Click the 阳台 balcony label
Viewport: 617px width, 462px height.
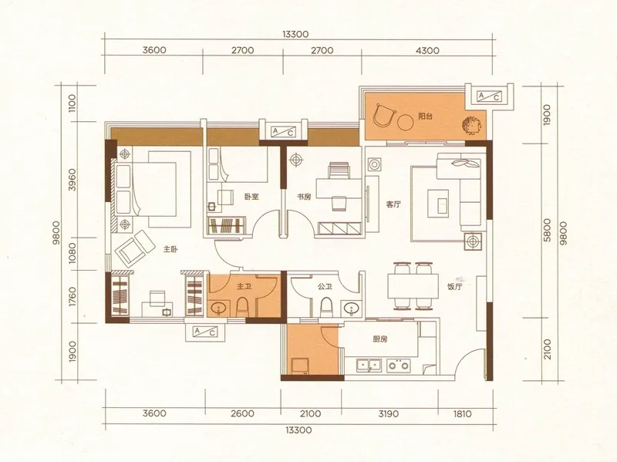tap(426, 116)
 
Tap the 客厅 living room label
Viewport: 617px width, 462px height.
tap(393, 204)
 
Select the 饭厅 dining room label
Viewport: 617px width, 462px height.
tap(454, 286)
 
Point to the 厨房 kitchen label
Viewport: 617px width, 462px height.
tap(380, 339)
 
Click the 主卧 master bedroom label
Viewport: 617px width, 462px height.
tap(170, 249)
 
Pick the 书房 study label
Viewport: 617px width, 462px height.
tap(304, 197)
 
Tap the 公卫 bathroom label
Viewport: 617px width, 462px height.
tap(325, 286)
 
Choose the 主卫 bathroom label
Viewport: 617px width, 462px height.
tap(244, 286)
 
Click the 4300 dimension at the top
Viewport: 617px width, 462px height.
tap(427, 50)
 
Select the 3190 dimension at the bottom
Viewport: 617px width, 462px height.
tap(389, 413)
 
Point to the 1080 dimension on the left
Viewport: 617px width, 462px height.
tap(72, 254)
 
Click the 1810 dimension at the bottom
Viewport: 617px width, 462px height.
tap(462, 413)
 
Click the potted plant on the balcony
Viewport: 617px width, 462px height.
tap(471, 126)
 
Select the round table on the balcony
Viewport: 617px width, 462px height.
tap(406, 123)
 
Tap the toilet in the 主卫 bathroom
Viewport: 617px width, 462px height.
tap(242, 307)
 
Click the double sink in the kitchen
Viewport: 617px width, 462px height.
tap(369, 365)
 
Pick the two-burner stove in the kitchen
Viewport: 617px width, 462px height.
tap(398, 365)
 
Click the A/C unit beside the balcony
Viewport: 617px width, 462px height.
tap(489, 96)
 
